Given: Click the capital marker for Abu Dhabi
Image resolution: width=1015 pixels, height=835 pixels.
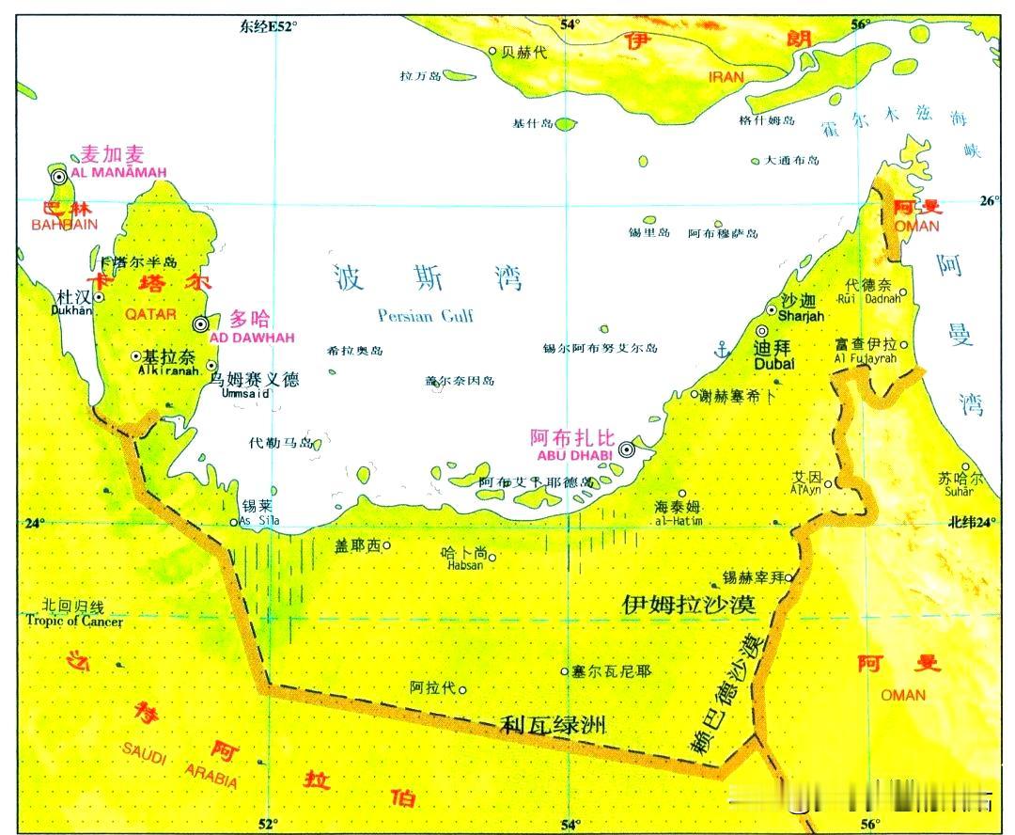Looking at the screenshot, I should pyautogui.click(x=627, y=450).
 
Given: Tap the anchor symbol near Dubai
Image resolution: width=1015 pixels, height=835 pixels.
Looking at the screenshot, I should pyautogui.click(x=723, y=351).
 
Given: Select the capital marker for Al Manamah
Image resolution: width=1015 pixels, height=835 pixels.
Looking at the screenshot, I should pyautogui.click(x=58, y=176).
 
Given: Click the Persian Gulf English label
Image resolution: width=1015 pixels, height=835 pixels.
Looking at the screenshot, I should pyautogui.click(x=425, y=316).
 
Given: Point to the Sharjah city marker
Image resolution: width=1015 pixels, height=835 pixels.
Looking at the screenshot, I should pyautogui.click(x=773, y=309).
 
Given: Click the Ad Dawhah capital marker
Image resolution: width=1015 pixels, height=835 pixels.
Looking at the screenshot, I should pyautogui.click(x=200, y=323).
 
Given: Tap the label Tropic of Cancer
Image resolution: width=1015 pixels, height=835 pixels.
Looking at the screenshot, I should pyautogui.click(x=74, y=621).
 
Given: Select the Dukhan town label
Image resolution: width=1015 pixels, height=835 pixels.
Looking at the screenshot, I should pyautogui.click(x=75, y=309).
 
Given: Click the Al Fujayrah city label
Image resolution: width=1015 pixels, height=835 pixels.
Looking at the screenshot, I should pyautogui.click(x=866, y=358).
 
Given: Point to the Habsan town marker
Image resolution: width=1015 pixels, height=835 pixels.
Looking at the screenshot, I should pyautogui.click(x=491, y=557).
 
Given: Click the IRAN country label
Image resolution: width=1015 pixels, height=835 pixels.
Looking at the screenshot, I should pyautogui.click(x=725, y=77).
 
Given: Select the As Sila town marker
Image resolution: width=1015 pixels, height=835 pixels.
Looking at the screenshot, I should pyautogui.click(x=234, y=523).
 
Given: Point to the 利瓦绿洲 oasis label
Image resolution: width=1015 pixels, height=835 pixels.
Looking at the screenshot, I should pyautogui.click(x=553, y=725).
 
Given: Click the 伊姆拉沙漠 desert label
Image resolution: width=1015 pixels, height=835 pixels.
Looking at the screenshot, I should pyautogui.click(x=689, y=604).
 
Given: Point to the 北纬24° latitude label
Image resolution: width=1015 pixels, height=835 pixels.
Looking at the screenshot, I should pyautogui.click(x=971, y=523).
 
